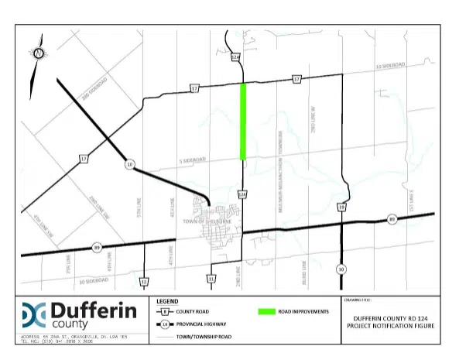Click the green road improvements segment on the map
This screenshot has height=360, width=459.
pyautogui.click(x=244, y=120)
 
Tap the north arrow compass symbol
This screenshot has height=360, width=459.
pyautogui.click(x=36, y=54)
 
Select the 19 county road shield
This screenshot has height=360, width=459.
pyautogui.click(x=341, y=207)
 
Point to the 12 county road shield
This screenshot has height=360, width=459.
pyautogui.click(x=143, y=281)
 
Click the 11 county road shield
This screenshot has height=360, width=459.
pyautogui.click(x=211, y=278)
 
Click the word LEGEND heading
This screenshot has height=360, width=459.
pyautogui.click(x=168, y=300)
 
